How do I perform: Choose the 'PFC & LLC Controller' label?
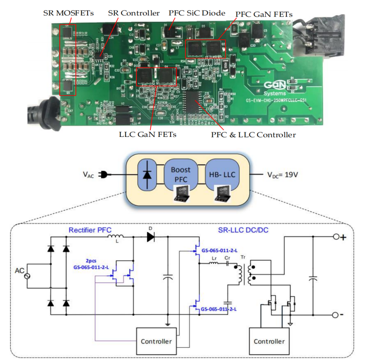coord(253,135)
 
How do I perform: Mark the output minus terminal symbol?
coord(336,314)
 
